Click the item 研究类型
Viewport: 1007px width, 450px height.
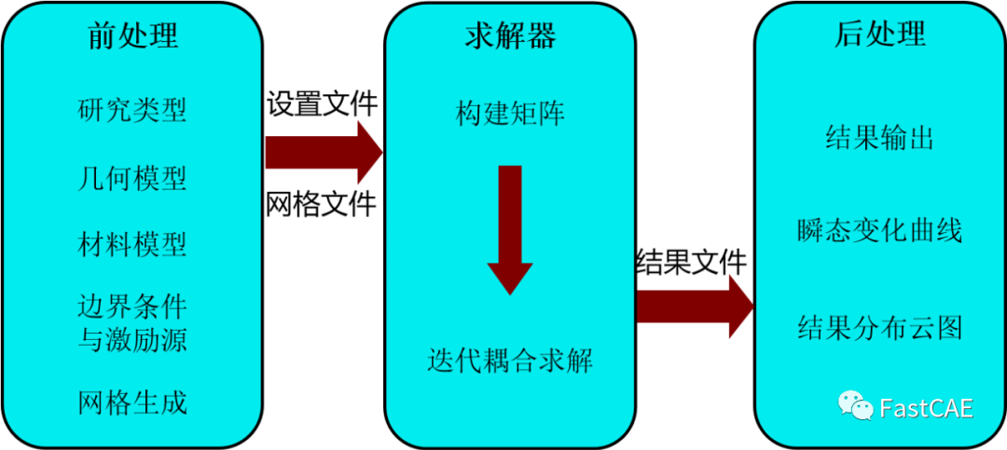coord(132,110)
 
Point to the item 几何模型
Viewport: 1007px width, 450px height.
coord(132,177)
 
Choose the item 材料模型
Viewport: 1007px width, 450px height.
coord(132,244)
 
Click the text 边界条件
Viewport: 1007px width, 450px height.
coord(132,307)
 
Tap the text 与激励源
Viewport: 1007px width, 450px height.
coord(132,339)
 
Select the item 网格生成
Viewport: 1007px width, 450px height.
coord(132,402)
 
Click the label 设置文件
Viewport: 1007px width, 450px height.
coord(323,103)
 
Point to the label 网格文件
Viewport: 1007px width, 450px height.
coord(323,203)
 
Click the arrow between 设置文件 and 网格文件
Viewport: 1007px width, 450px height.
coord(323,152)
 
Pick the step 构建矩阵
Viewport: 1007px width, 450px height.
coord(510,114)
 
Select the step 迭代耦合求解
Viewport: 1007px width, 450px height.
coord(510,359)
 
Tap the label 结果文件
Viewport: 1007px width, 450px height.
coord(691,264)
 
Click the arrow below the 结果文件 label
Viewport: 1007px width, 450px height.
coord(693,307)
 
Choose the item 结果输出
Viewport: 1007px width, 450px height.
coord(880,140)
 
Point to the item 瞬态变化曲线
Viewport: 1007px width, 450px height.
coord(880,230)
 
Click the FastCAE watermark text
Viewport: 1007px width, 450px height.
coord(926,408)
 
